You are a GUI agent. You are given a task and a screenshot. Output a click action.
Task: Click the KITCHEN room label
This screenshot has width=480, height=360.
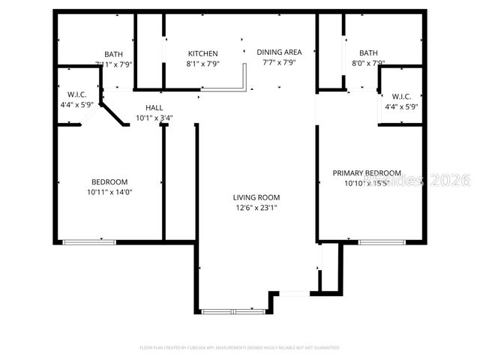[202, 53]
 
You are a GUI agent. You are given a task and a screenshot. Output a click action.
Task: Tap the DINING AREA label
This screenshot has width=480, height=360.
[279, 52]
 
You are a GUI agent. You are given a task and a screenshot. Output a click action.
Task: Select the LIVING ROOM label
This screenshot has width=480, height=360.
[256, 197]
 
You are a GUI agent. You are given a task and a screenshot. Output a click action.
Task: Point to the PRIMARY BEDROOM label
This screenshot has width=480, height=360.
[367, 172]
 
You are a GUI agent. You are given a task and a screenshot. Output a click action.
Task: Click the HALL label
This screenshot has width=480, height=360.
[154, 108]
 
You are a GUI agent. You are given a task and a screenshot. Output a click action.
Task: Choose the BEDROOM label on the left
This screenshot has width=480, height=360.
[109, 181]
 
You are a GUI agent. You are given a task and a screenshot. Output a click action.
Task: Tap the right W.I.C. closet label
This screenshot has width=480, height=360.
[400, 96]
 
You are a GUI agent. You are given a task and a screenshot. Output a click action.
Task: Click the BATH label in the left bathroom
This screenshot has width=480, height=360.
[114, 54]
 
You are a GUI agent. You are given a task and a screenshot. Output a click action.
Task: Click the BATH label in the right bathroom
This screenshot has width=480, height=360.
[368, 53]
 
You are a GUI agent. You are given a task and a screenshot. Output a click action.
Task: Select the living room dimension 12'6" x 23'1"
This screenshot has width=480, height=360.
[256, 208]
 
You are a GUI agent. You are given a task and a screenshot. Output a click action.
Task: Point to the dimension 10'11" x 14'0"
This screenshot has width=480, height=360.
[109, 192]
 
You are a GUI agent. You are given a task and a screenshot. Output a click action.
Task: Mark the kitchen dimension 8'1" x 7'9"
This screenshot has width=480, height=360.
[202, 64]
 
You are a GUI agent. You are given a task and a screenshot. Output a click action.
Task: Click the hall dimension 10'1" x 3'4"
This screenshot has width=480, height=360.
[154, 118]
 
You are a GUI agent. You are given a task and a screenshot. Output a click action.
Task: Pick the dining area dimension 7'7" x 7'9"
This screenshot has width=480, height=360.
[279, 62]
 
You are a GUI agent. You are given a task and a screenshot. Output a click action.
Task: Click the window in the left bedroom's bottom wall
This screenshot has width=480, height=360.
[88, 241]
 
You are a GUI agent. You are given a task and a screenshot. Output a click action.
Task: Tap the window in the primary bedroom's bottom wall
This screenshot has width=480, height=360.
[382, 241]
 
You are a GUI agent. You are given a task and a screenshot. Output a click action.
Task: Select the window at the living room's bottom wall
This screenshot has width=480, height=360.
[233, 310]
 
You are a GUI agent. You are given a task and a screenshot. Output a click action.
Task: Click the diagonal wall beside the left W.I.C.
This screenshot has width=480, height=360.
[113, 115]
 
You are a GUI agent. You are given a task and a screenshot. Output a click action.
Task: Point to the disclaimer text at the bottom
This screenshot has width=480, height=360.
[240, 348]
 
